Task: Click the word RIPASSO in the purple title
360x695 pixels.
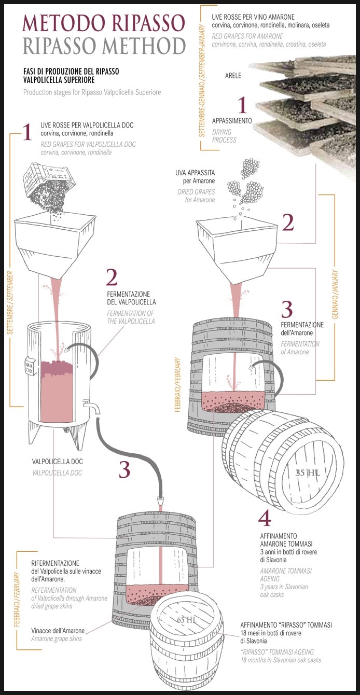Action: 149,23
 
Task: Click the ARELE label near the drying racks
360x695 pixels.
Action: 233,75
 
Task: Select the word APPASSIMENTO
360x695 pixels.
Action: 232,121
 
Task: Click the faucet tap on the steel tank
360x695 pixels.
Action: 92,407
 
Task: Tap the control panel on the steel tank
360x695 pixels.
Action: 29,367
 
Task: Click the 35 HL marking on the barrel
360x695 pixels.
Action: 308,472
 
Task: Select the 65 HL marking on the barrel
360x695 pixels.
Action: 187,620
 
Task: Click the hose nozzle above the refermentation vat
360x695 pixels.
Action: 160,499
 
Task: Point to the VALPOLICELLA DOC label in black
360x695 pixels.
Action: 58,462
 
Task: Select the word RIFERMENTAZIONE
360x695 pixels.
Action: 55,563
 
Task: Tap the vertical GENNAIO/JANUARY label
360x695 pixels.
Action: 335,295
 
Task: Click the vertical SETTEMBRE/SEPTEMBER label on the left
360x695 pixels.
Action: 10,303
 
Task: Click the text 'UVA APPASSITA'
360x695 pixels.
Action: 195,173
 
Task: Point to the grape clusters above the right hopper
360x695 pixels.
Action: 246,180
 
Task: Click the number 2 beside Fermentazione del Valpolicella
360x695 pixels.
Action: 112,277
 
